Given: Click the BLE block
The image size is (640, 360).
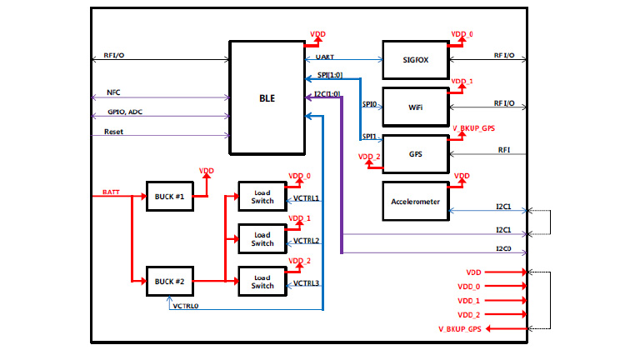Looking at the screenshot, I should click(x=267, y=97).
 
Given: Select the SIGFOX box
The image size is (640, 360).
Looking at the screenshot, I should click(x=415, y=60).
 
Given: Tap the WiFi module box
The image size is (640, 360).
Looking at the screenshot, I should click(x=415, y=107).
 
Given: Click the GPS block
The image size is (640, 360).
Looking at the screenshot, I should click(x=415, y=154).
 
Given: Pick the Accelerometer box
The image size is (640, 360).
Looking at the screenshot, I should click(x=415, y=202).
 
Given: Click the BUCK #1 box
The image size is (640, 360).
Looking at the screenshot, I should click(x=169, y=197).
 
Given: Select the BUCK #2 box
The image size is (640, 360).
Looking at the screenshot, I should click(x=169, y=281).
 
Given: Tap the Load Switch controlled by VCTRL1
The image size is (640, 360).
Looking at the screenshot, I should click(x=262, y=197).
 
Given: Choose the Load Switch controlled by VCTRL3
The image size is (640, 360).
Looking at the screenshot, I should click(x=262, y=281).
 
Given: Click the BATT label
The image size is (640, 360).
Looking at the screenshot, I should click(x=112, y=192).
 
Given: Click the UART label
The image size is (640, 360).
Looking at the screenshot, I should click(x=327, y=57).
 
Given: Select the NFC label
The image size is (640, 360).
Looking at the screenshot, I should click(x=113, y=93).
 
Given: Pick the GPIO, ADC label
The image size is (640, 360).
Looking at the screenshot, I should click(x=124, y=112).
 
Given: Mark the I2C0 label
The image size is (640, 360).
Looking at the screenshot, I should click(x=502, y=248).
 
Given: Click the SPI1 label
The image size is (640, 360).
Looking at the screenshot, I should click(x=369, y=135).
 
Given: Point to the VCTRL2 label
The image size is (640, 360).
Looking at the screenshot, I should click(x=307, y=241).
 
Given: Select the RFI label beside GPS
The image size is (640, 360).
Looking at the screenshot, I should click(x=504, y=150).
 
